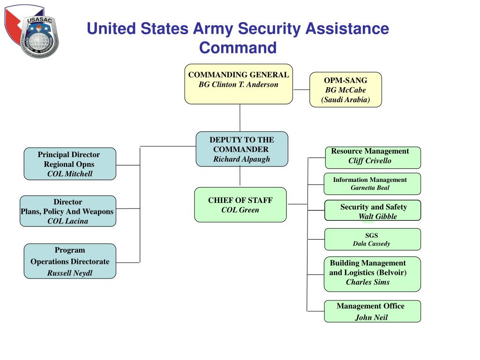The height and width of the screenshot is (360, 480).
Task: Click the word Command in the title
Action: coord(238,48)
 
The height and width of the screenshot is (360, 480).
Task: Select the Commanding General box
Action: coord(238,83)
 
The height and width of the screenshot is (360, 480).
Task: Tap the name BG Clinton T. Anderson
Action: coord(238,85)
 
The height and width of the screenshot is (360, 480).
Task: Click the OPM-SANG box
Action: coord(345,90)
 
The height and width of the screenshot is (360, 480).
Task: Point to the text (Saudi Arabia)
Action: coord(345,99)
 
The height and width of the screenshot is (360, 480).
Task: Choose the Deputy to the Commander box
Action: coord(241,149)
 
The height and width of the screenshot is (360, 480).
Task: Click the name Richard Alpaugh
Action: coord(241,159)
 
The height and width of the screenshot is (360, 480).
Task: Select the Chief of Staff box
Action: coord(240,204)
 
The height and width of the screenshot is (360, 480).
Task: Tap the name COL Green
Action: coord(240,210)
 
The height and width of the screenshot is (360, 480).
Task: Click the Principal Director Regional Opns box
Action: coord(69,164)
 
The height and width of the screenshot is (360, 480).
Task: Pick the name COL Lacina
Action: coord(67,221)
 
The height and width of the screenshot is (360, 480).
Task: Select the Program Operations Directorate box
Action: coord(69,261)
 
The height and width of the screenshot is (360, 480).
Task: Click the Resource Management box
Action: coord(373,157)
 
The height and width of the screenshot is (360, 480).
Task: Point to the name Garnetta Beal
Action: coord(370,188)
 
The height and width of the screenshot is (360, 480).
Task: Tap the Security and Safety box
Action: coord(373,210)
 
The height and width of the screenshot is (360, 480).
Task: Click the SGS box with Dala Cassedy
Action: coord(373,239)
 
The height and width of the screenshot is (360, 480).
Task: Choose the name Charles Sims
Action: coord(367,282)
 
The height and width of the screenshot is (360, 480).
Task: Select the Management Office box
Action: coord(372,311)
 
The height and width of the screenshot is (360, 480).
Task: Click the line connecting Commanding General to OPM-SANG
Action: coord(301,90)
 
